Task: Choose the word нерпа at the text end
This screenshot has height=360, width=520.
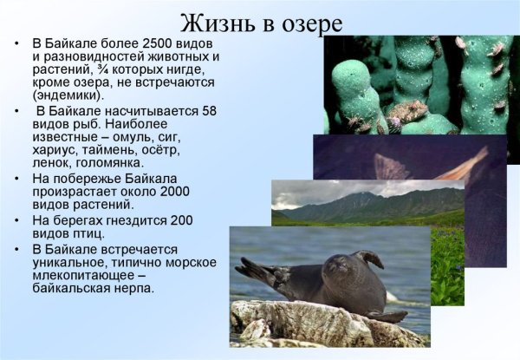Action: coord(134,289)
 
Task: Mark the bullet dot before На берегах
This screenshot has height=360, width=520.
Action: coord(19,221)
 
